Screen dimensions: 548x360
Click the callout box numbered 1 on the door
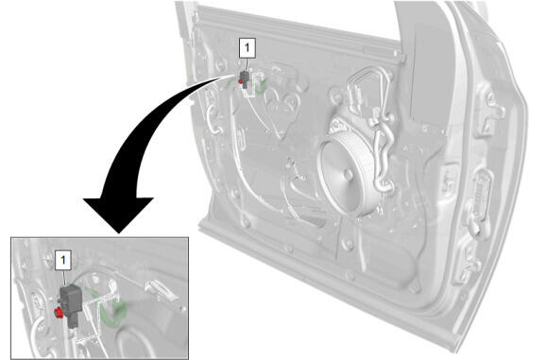tap(248, 48)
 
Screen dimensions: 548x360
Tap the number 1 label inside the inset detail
tap(63, 260)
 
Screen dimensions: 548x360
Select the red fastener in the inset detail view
tap(59, 312)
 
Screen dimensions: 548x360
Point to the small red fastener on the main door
tap(240, 81)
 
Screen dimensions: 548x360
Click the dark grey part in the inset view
tap(71, 303)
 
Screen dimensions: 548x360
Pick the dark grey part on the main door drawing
tap(245, 79)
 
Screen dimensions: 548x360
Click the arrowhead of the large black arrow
tap(118, 214)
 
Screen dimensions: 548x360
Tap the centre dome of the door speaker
tap(348, 174)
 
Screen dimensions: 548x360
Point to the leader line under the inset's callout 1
tap(64, 279)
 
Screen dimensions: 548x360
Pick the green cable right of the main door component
tap(261, 86)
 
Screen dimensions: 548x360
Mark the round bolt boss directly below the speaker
tap(347, 244)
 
